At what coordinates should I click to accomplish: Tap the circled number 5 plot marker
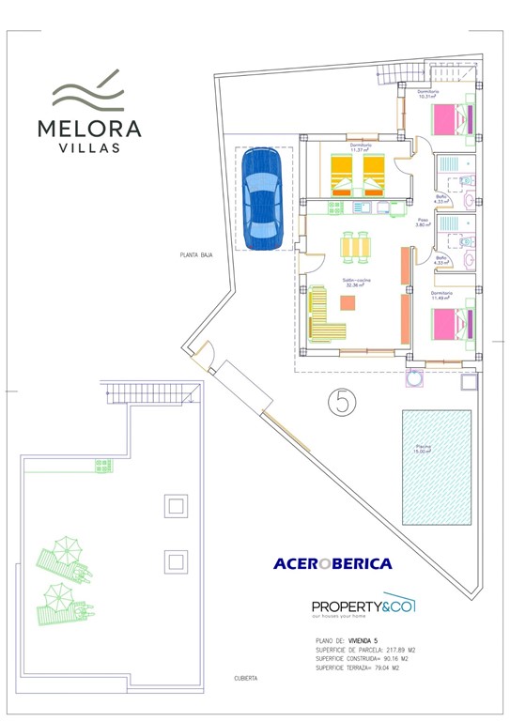click(343, 402)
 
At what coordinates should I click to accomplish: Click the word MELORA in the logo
click(90, 128)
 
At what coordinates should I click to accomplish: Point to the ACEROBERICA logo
click(332, 564)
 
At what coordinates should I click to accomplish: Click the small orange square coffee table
click(349, 303)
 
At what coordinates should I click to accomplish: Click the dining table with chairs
click(356, 245)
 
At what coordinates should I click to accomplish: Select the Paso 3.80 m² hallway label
click(423, 223)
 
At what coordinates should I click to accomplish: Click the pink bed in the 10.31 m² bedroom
click(453, 120)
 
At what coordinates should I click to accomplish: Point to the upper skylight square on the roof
click(175, 506)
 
